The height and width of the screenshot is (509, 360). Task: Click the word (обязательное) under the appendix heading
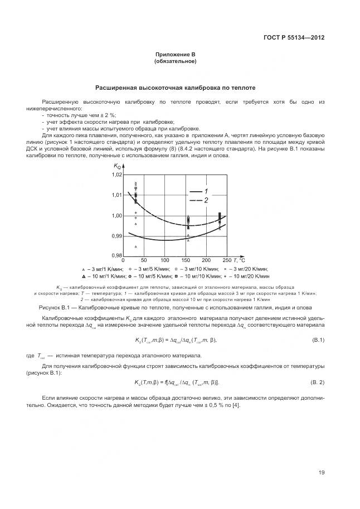[175, 61]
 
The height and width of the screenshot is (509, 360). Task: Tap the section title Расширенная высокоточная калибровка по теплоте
[175, 88]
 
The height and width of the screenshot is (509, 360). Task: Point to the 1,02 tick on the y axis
[116, 174]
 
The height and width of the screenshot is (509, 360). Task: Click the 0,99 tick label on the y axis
[116, 236]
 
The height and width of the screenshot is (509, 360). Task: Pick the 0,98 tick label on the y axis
[116, 256]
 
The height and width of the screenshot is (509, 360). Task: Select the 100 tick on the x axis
[164, 260]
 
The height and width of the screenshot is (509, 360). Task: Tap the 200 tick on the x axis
[206, 260]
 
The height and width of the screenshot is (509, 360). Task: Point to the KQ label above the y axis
[117, 167]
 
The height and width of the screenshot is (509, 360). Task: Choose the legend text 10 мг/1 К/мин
[107, 275]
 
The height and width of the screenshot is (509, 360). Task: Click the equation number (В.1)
[318, 340]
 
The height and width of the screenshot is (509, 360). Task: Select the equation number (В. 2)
[317, 382]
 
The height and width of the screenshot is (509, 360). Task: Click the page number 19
[322, 473]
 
